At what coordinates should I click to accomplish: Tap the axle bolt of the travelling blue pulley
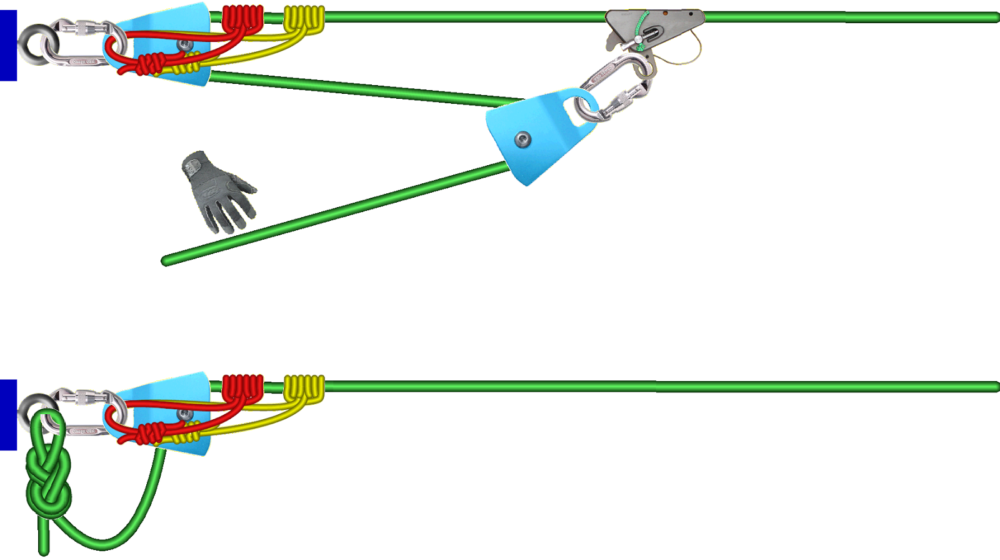(x=522, y=140)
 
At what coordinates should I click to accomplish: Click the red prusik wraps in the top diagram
(x=242, y=19)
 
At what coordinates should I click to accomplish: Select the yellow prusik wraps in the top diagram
(x=304, y=19)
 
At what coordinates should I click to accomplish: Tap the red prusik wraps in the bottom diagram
(x=242, y=388)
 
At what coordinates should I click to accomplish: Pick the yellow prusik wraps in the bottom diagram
(x=304, y=388)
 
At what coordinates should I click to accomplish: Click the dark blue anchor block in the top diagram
(x=8, y=45)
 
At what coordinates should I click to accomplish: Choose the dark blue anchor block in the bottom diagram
(x=8, y=414)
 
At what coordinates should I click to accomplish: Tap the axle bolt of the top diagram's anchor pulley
(x=184, y=44)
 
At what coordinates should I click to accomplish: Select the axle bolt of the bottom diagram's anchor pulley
(x=184, y=414)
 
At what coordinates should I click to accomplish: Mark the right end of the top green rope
(x=995, y=18)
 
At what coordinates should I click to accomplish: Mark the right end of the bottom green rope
(x=995, y=387)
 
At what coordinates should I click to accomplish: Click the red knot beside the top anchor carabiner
(x=150, y=64)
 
